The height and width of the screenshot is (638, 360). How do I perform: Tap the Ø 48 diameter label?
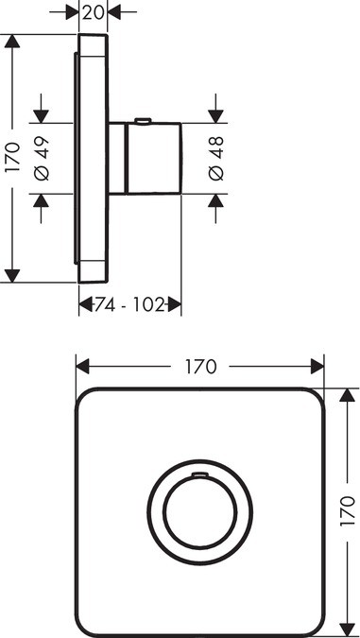pos(216,159)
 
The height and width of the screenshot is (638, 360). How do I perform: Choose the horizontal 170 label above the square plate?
pos(200,365)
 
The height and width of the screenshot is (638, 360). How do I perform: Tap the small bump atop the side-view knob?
pos(142,120)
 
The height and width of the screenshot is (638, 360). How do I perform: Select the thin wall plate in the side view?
pos(92,159)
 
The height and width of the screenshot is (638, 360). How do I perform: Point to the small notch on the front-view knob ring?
pos(199,470)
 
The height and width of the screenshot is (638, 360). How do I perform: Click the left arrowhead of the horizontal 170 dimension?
pos(82,365)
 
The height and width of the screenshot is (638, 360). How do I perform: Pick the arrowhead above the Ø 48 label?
pos(216,117)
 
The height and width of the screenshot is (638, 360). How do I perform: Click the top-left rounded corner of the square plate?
pos(86,399)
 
